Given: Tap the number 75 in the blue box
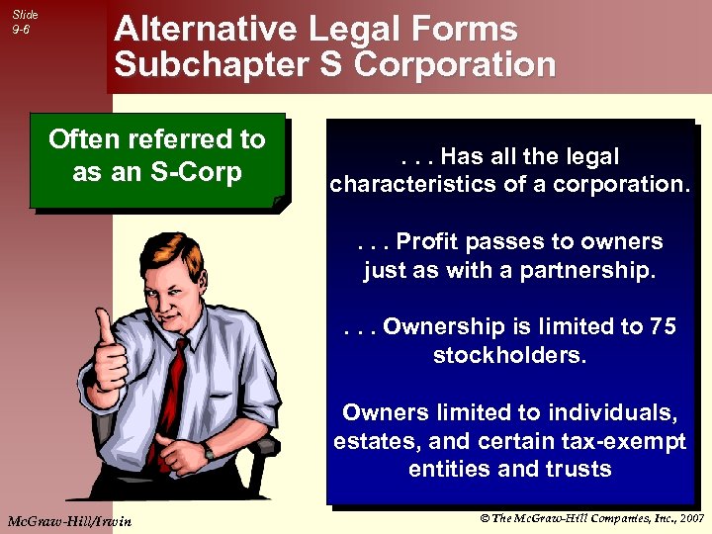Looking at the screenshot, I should pos(662,327).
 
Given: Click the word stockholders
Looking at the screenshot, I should pos(509,355).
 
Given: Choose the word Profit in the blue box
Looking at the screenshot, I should pos(429,242).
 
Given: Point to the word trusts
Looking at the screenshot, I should pos(578,469).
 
